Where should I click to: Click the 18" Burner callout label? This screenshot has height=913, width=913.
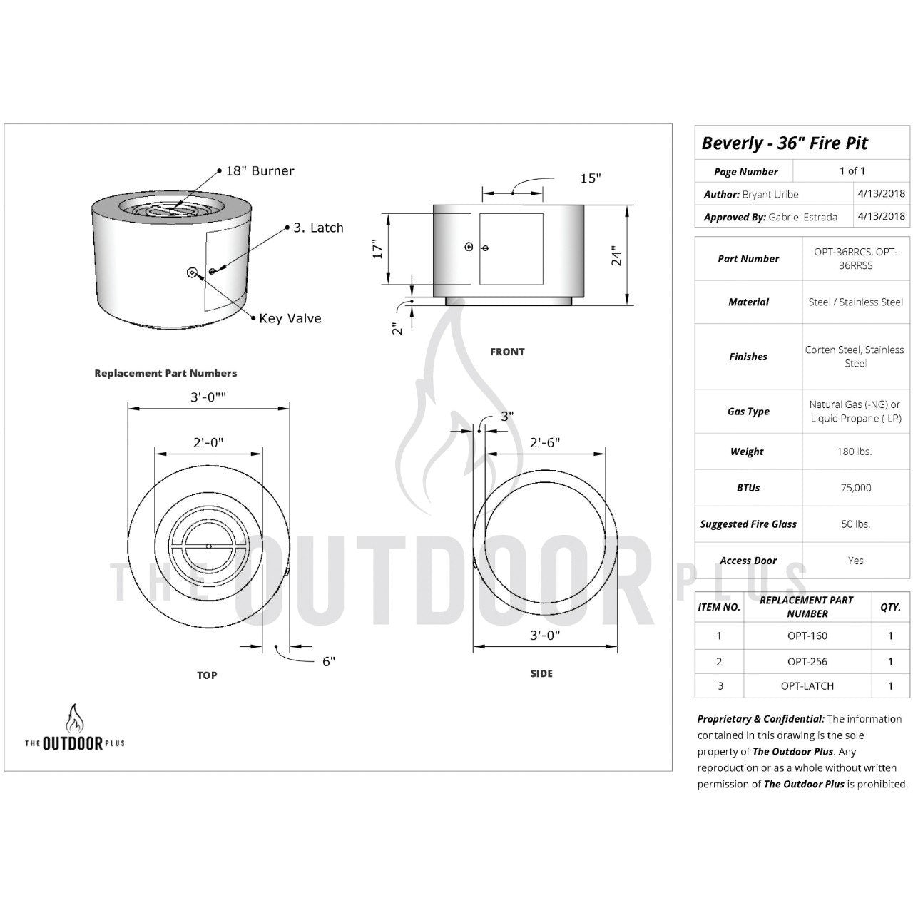point(260,171)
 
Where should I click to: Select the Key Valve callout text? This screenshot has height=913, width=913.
point(290,319)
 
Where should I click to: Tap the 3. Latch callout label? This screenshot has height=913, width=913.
point(318,228)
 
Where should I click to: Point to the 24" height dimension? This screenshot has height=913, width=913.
point(617,255)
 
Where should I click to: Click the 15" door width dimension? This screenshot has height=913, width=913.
point(590,178)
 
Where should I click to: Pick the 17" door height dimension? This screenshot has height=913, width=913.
point(378,248)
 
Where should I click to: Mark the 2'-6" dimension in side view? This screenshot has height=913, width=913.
point(544,442)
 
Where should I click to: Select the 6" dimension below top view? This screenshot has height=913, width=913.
point(329,661)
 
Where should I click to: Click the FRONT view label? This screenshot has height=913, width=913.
point(507,352)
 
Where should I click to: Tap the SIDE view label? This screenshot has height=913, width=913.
point(541,673)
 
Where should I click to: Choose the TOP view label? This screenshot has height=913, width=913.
point(207,675)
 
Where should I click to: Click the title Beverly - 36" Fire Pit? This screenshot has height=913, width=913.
point(785,143)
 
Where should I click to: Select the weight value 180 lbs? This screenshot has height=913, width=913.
point(855,452)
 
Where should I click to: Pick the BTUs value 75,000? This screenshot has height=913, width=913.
point(855,488)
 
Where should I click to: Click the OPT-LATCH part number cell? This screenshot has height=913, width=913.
point(807,685)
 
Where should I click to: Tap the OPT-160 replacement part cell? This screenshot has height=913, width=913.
point(807,636)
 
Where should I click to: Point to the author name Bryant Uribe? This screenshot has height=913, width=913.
point(770,194)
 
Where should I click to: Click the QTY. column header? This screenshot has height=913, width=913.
point(889,607)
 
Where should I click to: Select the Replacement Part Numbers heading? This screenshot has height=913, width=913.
point(165,373)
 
